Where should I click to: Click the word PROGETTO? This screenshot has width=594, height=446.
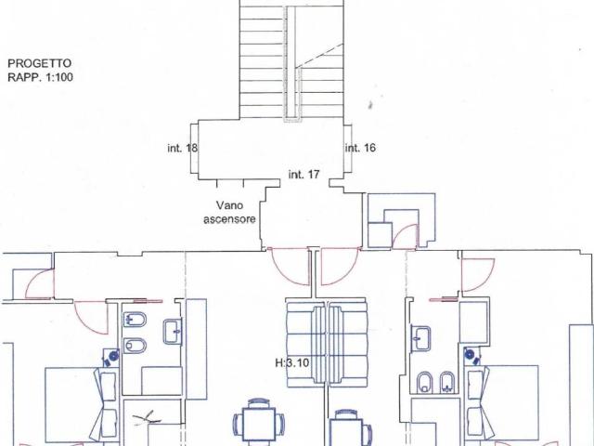pyautogui.click(x=39, y=63)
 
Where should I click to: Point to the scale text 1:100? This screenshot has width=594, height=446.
pyautogui.click(x=58, y=77)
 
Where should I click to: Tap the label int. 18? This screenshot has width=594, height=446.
pyautogui.click(x=183, y=148)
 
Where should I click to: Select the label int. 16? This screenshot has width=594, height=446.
pyautogui.click(x=360, y=148)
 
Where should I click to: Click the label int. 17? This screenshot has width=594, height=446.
pyautogui.click(x=303, y=175)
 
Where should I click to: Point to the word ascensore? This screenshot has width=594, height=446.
pyautogui.click(x=229, y=219)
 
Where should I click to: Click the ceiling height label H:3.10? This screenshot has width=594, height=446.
pyautogui.click(x=292, y=363)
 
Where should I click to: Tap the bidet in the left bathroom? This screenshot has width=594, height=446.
pyautogui.click(x=135, y=320)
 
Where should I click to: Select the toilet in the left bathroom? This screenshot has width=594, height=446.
pyautogui.click(x=135, y=346)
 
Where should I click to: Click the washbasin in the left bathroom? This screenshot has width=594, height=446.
pyautogui.click(x=173, y=332)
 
